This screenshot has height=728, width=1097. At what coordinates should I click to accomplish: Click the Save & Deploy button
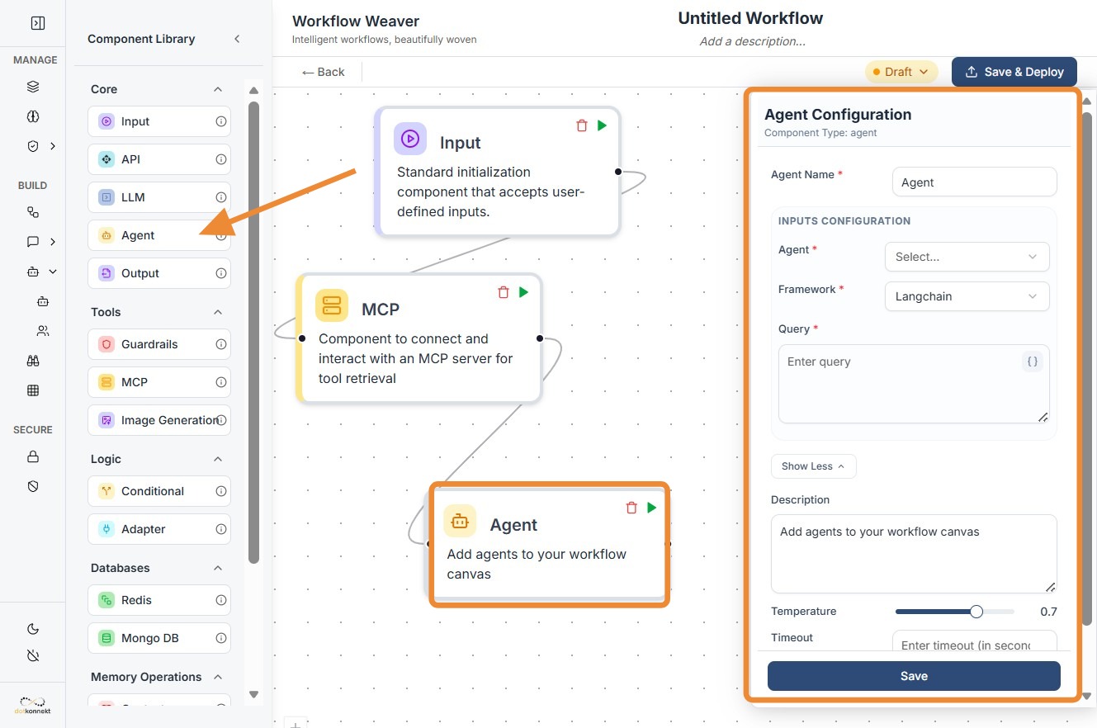(1014, 72)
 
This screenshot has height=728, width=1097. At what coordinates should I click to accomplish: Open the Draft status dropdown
(901, 72)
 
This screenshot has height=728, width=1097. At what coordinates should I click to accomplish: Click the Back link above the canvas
(324, 72)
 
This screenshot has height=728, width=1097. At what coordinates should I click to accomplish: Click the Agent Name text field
(974, 182)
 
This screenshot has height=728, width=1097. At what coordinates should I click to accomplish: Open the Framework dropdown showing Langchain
(966, 296)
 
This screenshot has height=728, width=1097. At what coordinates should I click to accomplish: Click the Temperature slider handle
(976, 612)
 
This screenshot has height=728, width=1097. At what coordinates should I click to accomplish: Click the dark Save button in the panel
(914, 676)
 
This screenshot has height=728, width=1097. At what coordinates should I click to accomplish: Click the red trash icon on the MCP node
(504, 292)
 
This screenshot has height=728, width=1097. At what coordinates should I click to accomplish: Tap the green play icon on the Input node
(602, 125)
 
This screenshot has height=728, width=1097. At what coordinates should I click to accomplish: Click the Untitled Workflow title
(750, 18)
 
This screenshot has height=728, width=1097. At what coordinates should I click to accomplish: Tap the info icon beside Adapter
(221, 529)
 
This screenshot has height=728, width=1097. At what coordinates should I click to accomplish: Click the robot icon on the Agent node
(460, 521)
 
